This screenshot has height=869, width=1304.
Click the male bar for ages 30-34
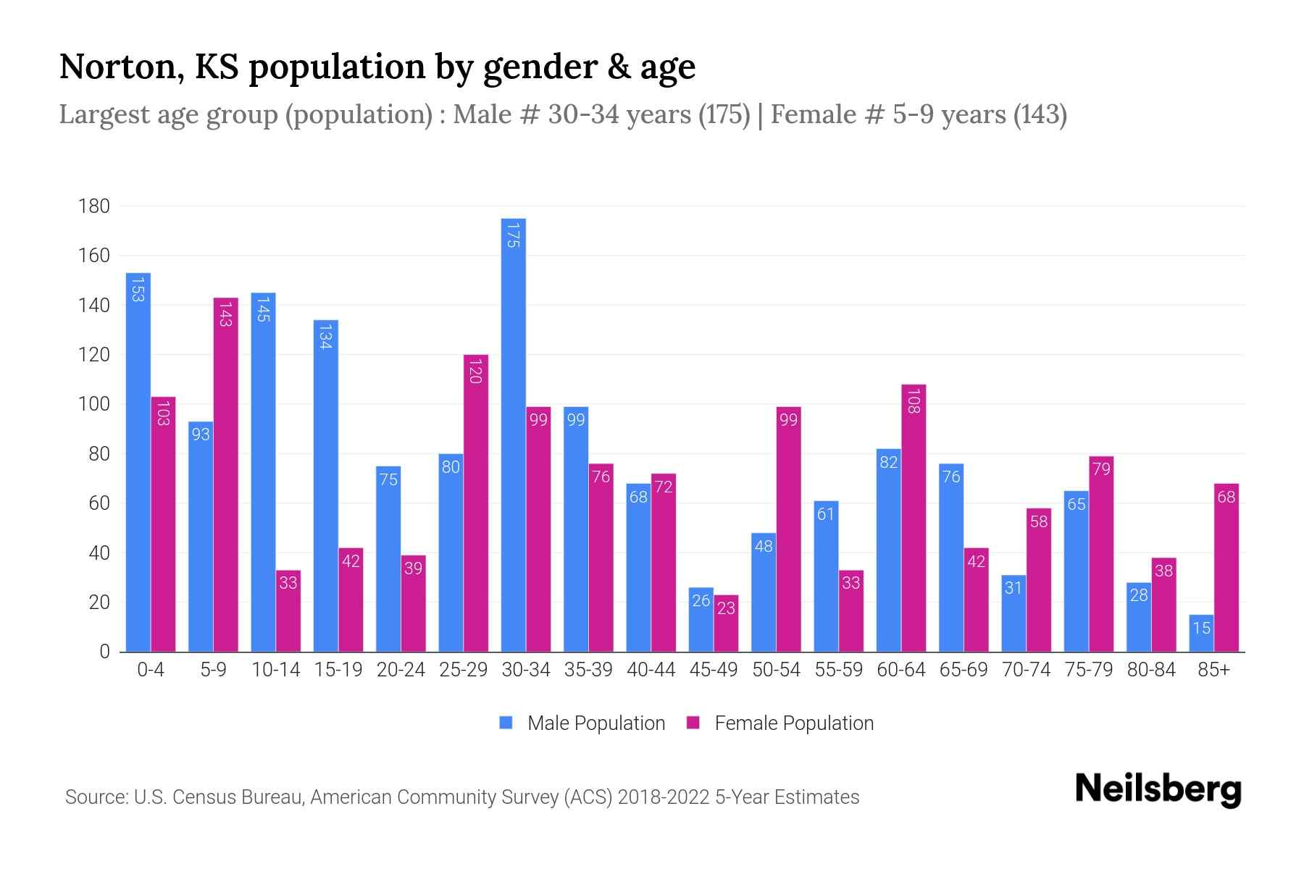[514, 434]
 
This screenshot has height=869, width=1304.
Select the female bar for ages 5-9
[225, 474]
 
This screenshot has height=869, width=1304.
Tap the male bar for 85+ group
[1201, 633]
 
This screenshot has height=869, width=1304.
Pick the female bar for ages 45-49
[726, 624]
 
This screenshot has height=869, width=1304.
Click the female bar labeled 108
[914, 518]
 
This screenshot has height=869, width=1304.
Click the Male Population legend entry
[582, 723]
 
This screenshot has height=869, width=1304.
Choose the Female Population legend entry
[780, 723]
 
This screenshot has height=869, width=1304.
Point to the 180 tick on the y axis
[94, 206]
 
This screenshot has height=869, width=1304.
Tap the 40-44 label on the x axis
[651, 670]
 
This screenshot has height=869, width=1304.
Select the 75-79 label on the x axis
[1088, 670]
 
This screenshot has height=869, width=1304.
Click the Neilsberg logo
[1158, 789]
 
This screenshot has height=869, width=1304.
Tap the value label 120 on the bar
[475, 371]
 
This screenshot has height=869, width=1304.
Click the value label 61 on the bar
[826, 514]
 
